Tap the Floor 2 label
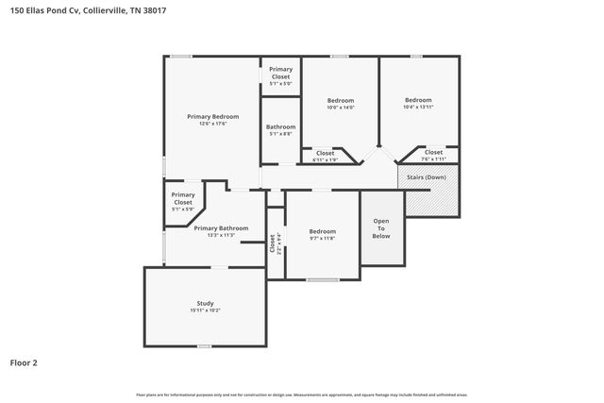pyautogui.click(x=25, y=361)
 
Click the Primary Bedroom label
pyautogui.click(x=212, y=116)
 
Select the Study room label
pyautogui.click(x=205, y=303)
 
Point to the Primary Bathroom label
pyautogui.click(x=221, y=228)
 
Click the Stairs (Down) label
pyautogui.click(x=427, y=176)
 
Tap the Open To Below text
pyautogui.click(x=381, y=227)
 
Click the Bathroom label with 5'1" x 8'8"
pyautogui.click(x=280, y=126)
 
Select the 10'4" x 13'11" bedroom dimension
pyautogui.click(x=418, y=108)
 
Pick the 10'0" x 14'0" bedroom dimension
pyautogui.click(x=341, y=108)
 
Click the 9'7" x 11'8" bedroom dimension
pyautogui.click(x=322, y=239)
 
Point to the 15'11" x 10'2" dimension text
pyautogui.click(x=205, y=310)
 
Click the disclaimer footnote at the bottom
pyautogui.click(x=301, y=395)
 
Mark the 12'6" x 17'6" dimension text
pyautogui.click(x=212, y=124)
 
